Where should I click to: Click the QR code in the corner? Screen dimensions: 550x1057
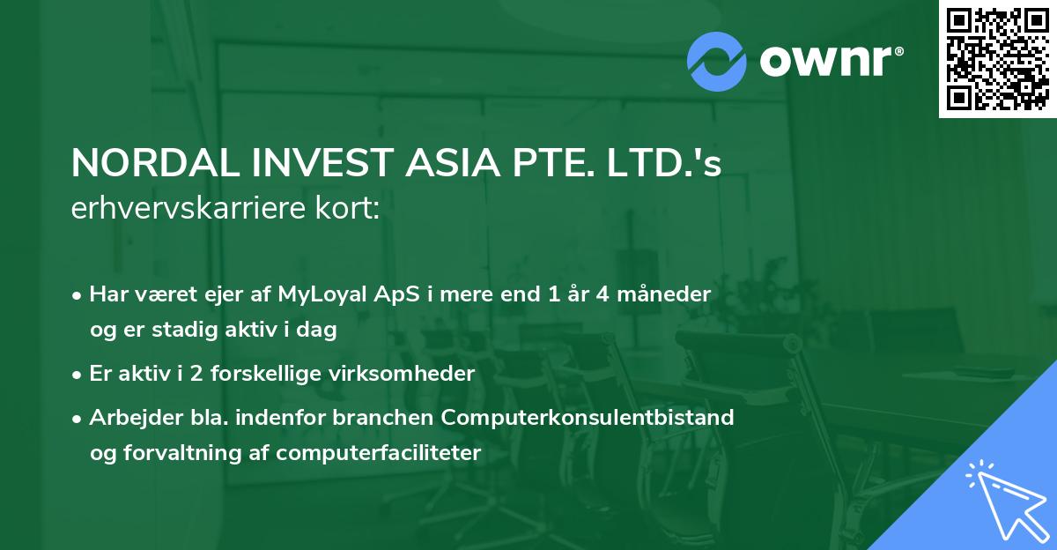click(x=998, y=59)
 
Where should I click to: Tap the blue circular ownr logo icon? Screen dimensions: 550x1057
click(x=717, y=60)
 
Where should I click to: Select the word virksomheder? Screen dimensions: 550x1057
click(x=399, y=374)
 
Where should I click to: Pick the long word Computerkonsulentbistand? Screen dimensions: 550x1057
click(x=588, y=417)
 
